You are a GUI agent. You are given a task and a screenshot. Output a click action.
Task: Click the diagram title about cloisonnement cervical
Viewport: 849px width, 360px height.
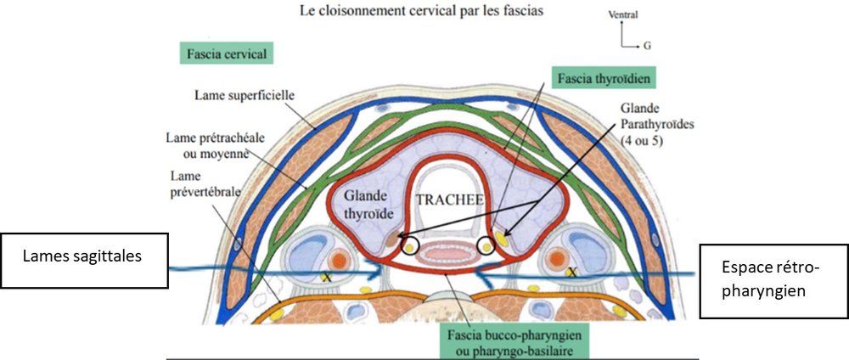(x=426, y=14)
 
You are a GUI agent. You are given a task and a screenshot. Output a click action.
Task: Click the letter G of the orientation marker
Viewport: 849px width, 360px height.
(x=646, y=48)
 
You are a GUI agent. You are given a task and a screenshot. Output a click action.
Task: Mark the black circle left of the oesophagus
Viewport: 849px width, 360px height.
(x=411, y=246)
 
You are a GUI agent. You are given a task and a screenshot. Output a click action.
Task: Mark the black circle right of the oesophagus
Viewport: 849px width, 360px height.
(x=486, y=247)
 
